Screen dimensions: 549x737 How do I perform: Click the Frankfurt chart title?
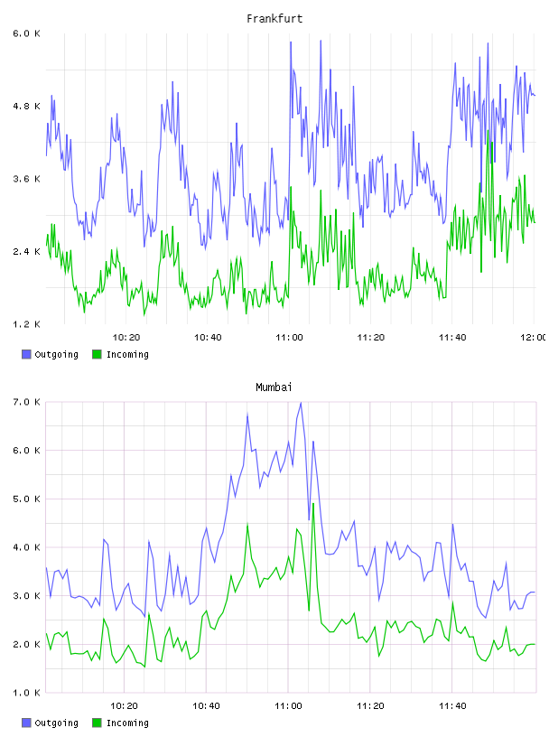pyautogui.click(x=274, y=18)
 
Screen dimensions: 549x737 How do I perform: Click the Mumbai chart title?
pyautogui.click(x=274, y=387)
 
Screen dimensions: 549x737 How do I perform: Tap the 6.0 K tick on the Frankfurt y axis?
pyautogui.click(x=26, y=33)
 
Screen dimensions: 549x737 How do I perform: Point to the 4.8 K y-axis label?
pyautogui.click(x=26, y=107)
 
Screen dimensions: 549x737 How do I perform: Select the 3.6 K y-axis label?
pyautogui.click(x=26, y=179)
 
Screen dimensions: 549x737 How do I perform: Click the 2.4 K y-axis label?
pyautogui.click(x=26, y=251)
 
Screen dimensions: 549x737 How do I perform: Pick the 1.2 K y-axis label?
pyautogui.click(x=26, y=324)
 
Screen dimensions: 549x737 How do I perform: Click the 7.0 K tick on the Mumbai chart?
pyautogui.click(x=26, y=402)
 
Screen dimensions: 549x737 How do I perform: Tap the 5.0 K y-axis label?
pyautogui.click(x=26, y=499)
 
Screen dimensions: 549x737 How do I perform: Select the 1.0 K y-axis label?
pyautogui.click(x=26, y=693)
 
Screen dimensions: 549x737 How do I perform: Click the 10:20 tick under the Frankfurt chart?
pyautogui.click(x=126, y=337)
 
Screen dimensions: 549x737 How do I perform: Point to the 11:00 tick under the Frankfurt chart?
pyautogui.click(x=289, y=337)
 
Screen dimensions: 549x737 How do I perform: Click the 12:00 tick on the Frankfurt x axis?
pyautogui.click(x=534, y=337)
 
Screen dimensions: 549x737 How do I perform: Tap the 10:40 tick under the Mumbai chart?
pyautogui.click(x=206, y=705)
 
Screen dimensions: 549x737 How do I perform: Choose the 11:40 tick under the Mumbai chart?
pyautogui.click(x=452, y=705)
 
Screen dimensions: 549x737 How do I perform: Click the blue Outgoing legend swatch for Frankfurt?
pyautogui.click(x=26, y=354)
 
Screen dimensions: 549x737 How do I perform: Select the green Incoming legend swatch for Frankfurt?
pyautogui.click(x=97, y=354)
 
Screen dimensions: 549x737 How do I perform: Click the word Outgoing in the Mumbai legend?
pyautogui.click(x=56, y=723)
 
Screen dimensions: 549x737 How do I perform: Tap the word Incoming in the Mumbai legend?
pyautogui.click(x=127, y=723)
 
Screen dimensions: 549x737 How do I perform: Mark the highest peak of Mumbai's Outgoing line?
pyautogui.click(x=301, y=402)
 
